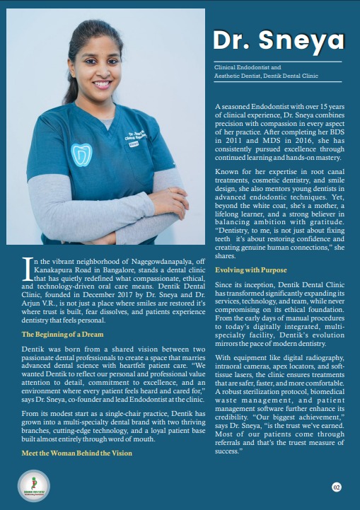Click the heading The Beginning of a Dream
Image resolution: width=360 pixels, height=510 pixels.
point(63,334)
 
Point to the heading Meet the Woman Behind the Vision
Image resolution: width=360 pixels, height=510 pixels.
point(76,453)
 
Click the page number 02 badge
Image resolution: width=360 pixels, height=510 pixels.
point(337,486)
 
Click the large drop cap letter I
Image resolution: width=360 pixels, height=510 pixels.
point(27,267)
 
